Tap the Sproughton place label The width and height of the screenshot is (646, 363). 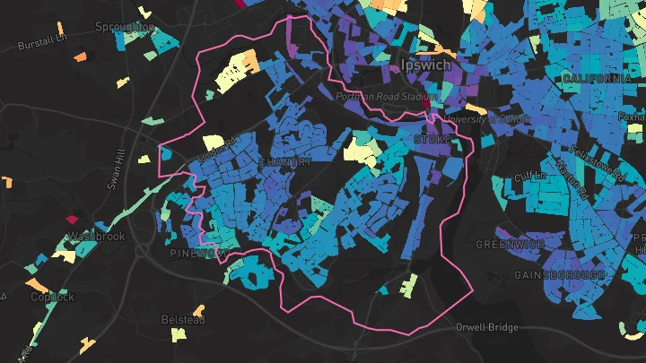(125, 28)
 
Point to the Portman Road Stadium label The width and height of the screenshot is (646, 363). (386, 96)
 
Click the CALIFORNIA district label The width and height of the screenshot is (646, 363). (598, 80)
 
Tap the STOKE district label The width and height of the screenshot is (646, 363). (433, 141)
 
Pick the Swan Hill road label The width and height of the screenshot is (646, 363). (114, 169)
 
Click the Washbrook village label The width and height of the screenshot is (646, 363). (94, 238)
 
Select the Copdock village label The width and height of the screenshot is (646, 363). (52, 297)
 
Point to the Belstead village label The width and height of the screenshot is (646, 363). (183, 319)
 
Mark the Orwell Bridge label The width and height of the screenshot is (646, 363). (486, 327)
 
